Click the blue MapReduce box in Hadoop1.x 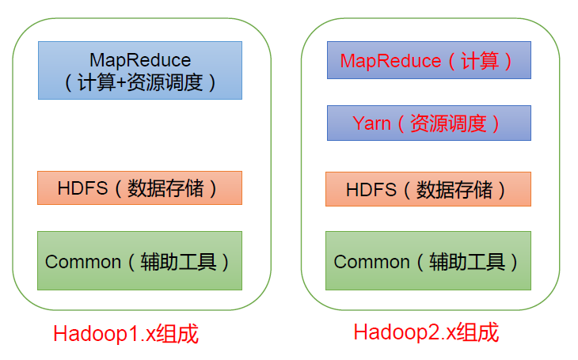coord(139,70)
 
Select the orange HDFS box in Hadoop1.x coord(139,188)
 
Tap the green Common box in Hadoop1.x coord(139,260)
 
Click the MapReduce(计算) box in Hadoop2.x coord(428,61)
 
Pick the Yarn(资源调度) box coord(428,123)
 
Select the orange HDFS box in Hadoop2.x coord(428,189)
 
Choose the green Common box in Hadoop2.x coord(428,260)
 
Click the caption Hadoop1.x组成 coord(125,334)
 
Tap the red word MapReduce coord(390,61)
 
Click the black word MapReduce coord(140,60)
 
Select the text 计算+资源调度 coord(140,81)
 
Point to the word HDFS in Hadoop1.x coord(79,188)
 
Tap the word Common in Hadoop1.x coord(83,261)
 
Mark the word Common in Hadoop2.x coord(371,261)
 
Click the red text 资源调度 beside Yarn coord(453,123)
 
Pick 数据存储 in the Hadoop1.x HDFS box coord(165,188)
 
